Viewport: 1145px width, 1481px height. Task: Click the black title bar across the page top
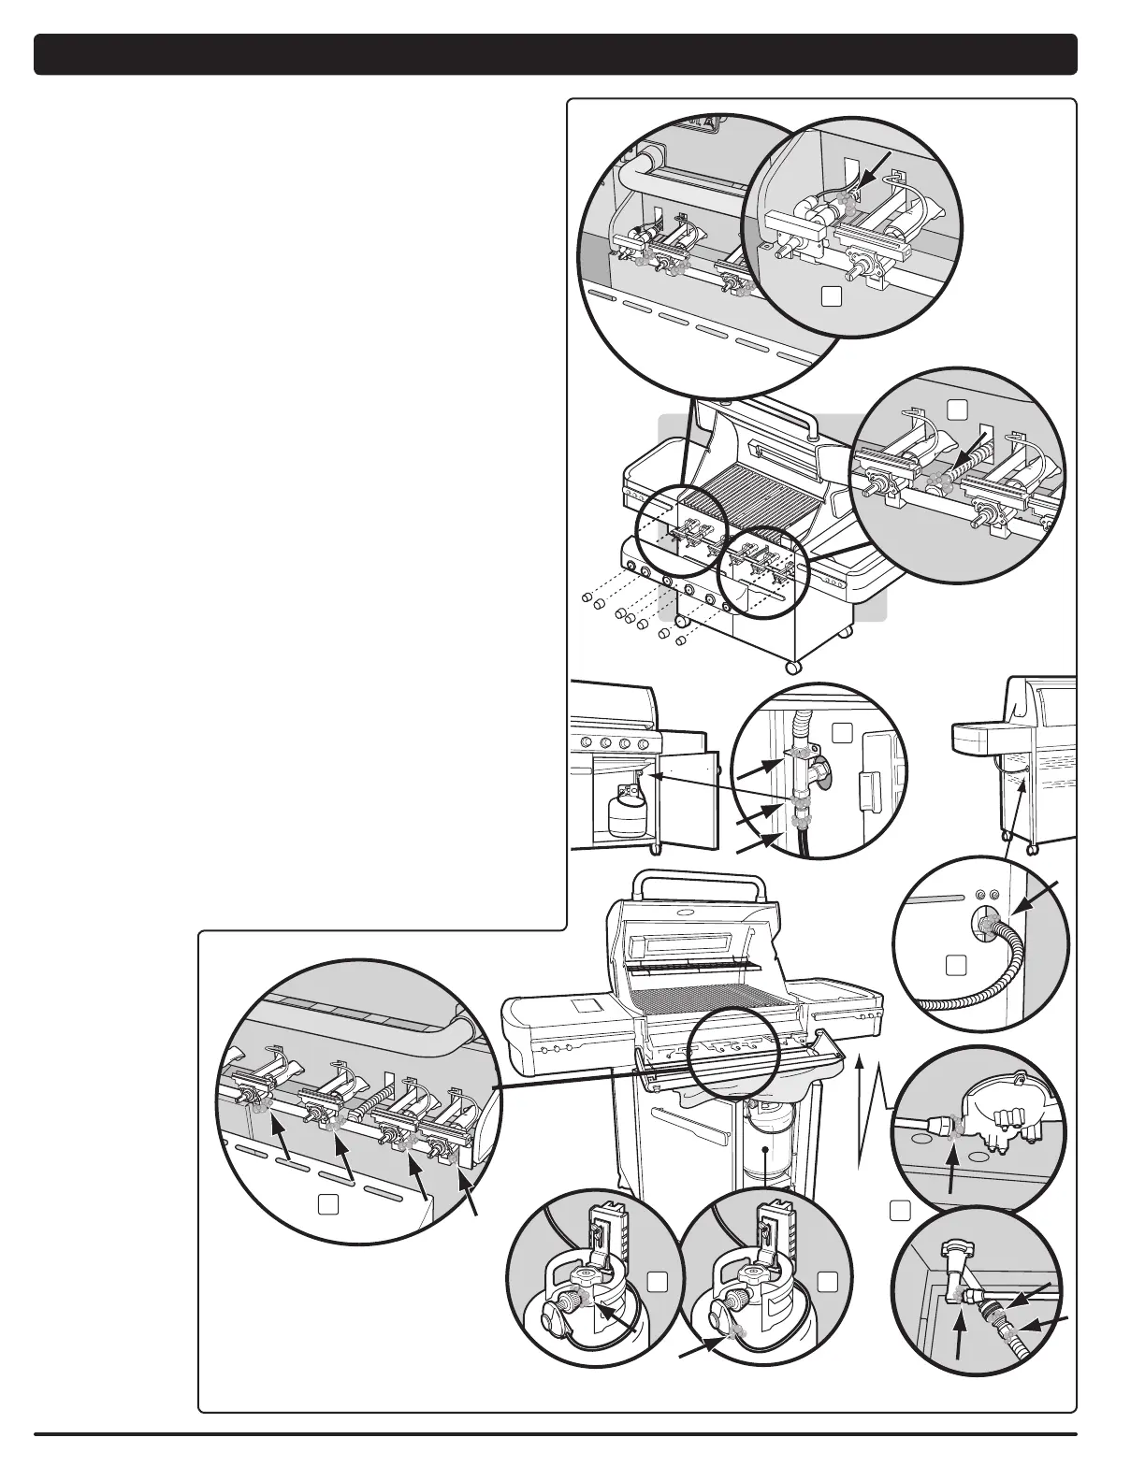555,54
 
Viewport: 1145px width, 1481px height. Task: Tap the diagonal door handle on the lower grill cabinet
688,1125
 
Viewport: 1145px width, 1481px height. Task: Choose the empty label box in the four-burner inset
327,1206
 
